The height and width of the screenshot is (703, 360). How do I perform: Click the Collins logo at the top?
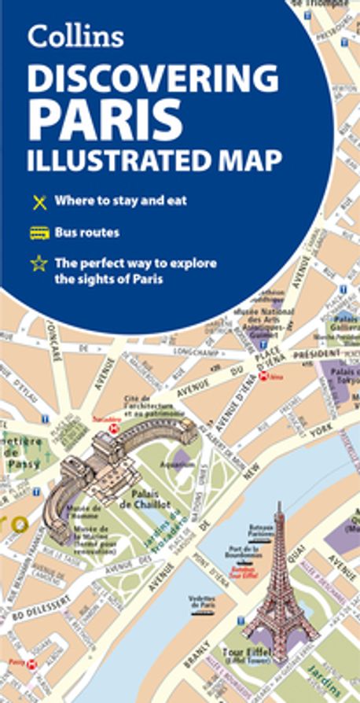click(75, 36)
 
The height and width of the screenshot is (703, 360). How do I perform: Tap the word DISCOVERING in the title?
click(152, 79)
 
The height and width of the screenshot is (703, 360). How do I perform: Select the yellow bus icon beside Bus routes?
click(39, 233)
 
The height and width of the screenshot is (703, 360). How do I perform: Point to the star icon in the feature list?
click(39, 264)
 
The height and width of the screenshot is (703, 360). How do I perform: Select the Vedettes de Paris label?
click(201, 602)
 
